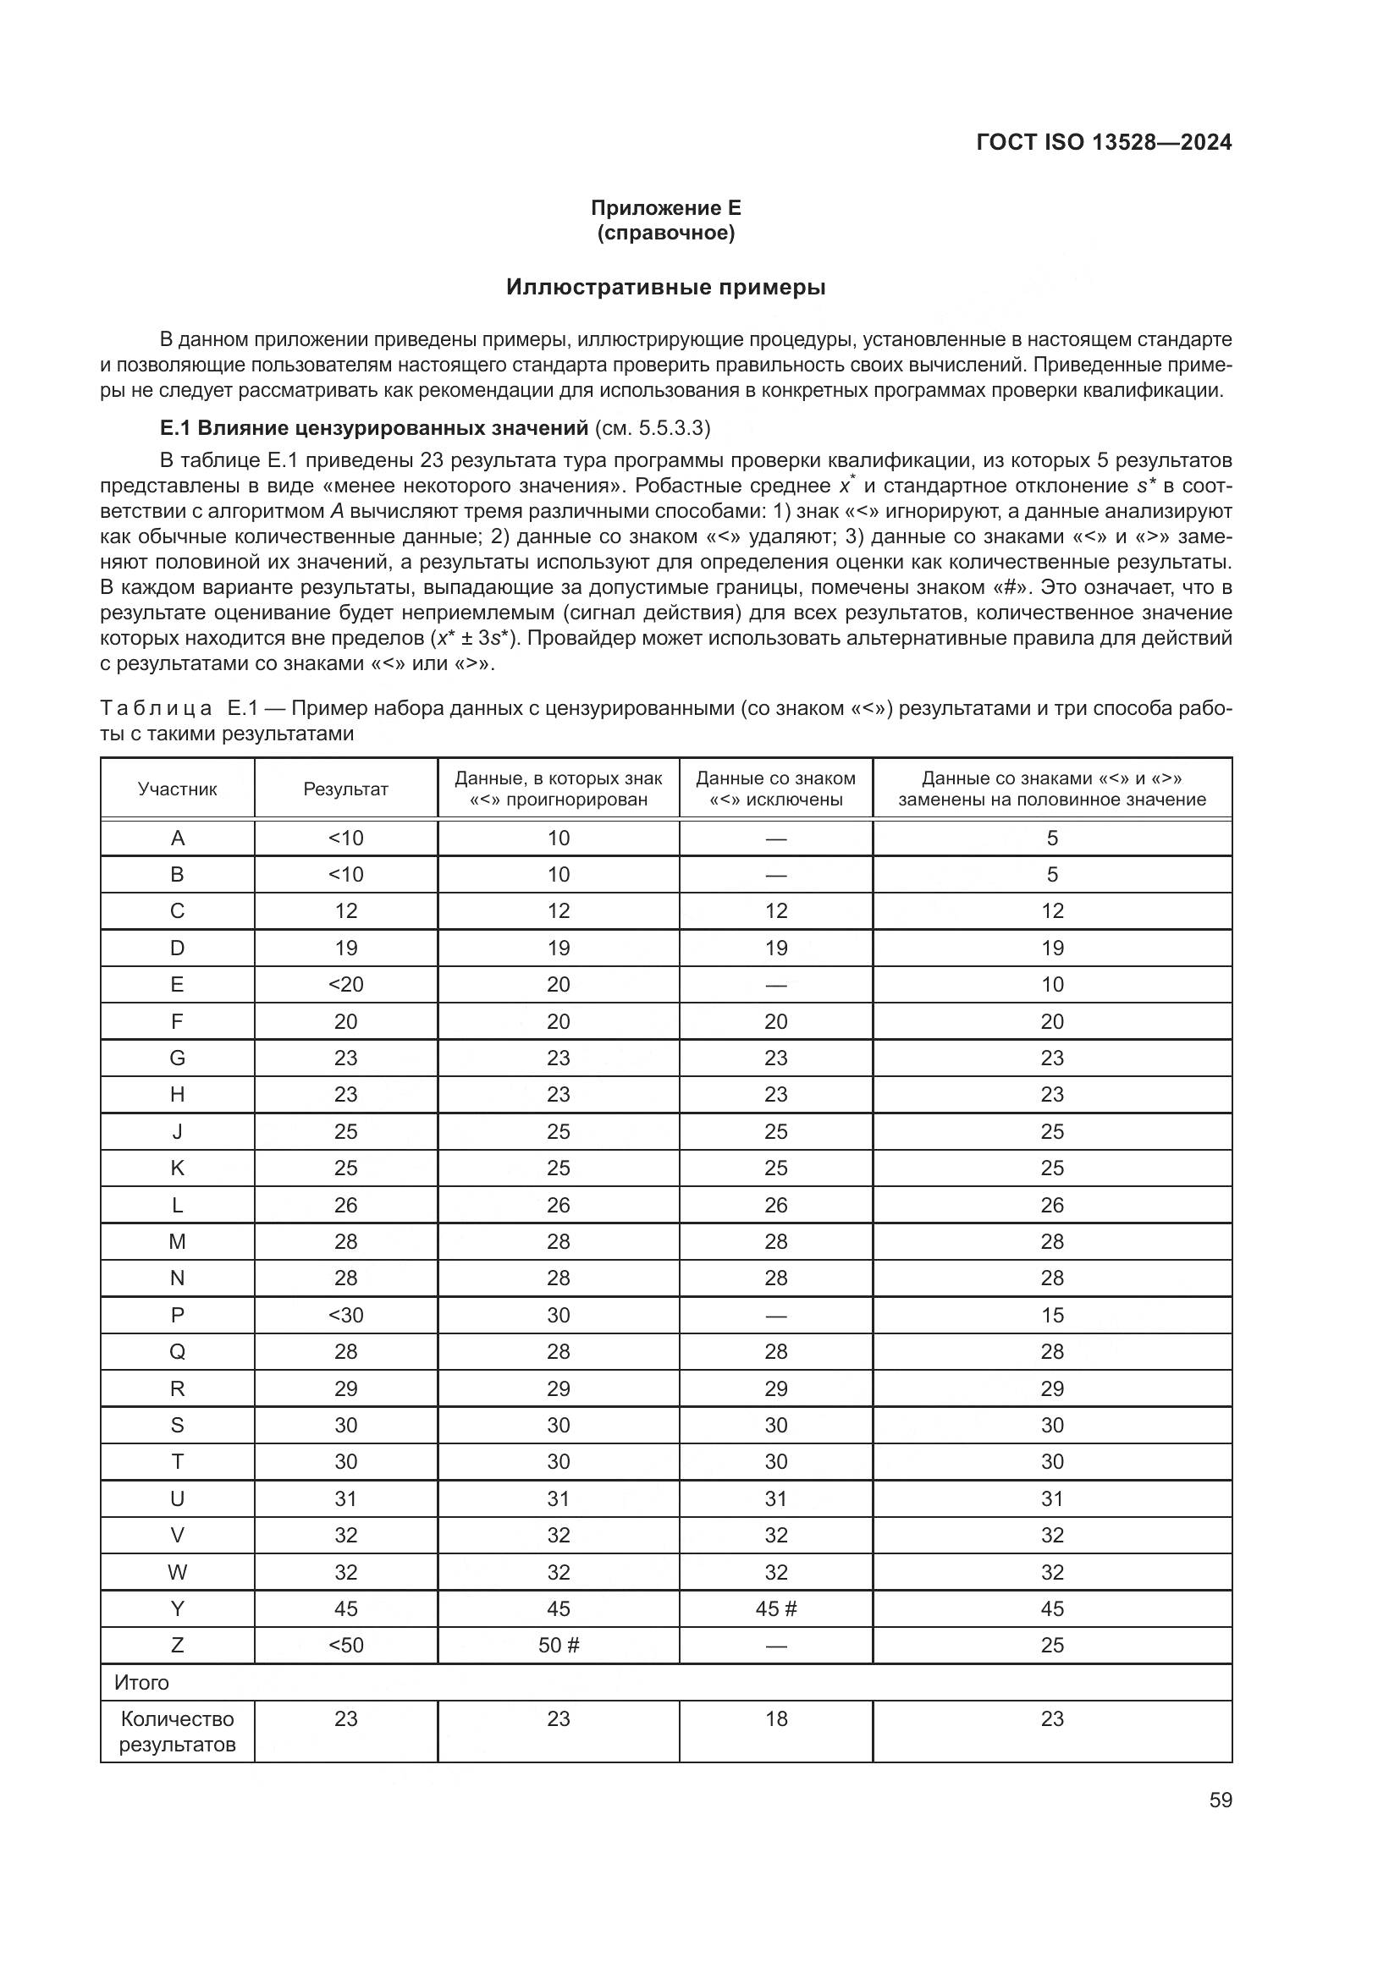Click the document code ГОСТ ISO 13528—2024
click(1104, 143)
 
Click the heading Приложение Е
click(665, 208)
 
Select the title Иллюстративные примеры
click(665, 287)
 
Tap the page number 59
click(1220, 1800)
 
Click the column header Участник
click(178, 789)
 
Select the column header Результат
click(345, 789)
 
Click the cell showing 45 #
click(776, 1608)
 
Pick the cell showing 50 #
click(559, 1645)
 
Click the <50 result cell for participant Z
click(345, 1645)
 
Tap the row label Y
click(178, 1608)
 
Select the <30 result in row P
click(345, 1315)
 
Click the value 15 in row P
click(1052, 1315)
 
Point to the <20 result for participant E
click(345, 984)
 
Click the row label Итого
click(141, 1682)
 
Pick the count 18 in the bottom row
click(776, 1718)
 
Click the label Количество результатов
click(178, 1732)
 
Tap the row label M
click(178, 1241)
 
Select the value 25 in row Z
click(1052, 1645)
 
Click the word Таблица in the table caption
click(156, 708)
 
